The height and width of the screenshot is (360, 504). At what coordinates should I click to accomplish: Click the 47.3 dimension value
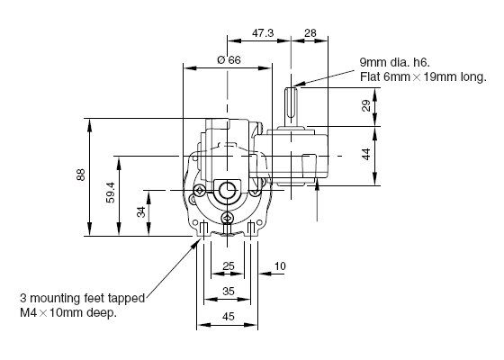(263, 32)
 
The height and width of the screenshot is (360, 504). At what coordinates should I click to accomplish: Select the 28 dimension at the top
(310, 32)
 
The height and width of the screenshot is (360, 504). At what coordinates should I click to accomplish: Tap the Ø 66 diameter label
(229, 59)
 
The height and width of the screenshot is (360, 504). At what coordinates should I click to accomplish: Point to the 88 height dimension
(81, 175)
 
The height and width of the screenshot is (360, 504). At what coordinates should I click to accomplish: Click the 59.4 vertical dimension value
(110, 193)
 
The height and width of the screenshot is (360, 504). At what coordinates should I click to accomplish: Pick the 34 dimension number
(141, 211)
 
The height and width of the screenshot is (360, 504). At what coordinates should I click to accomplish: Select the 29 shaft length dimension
(366, 105)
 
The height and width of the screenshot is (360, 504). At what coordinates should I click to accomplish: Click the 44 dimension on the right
(366, 154)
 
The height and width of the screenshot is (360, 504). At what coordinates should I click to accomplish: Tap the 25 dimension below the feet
(229, 265)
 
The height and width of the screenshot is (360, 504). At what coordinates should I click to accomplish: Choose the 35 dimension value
(229, 292)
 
